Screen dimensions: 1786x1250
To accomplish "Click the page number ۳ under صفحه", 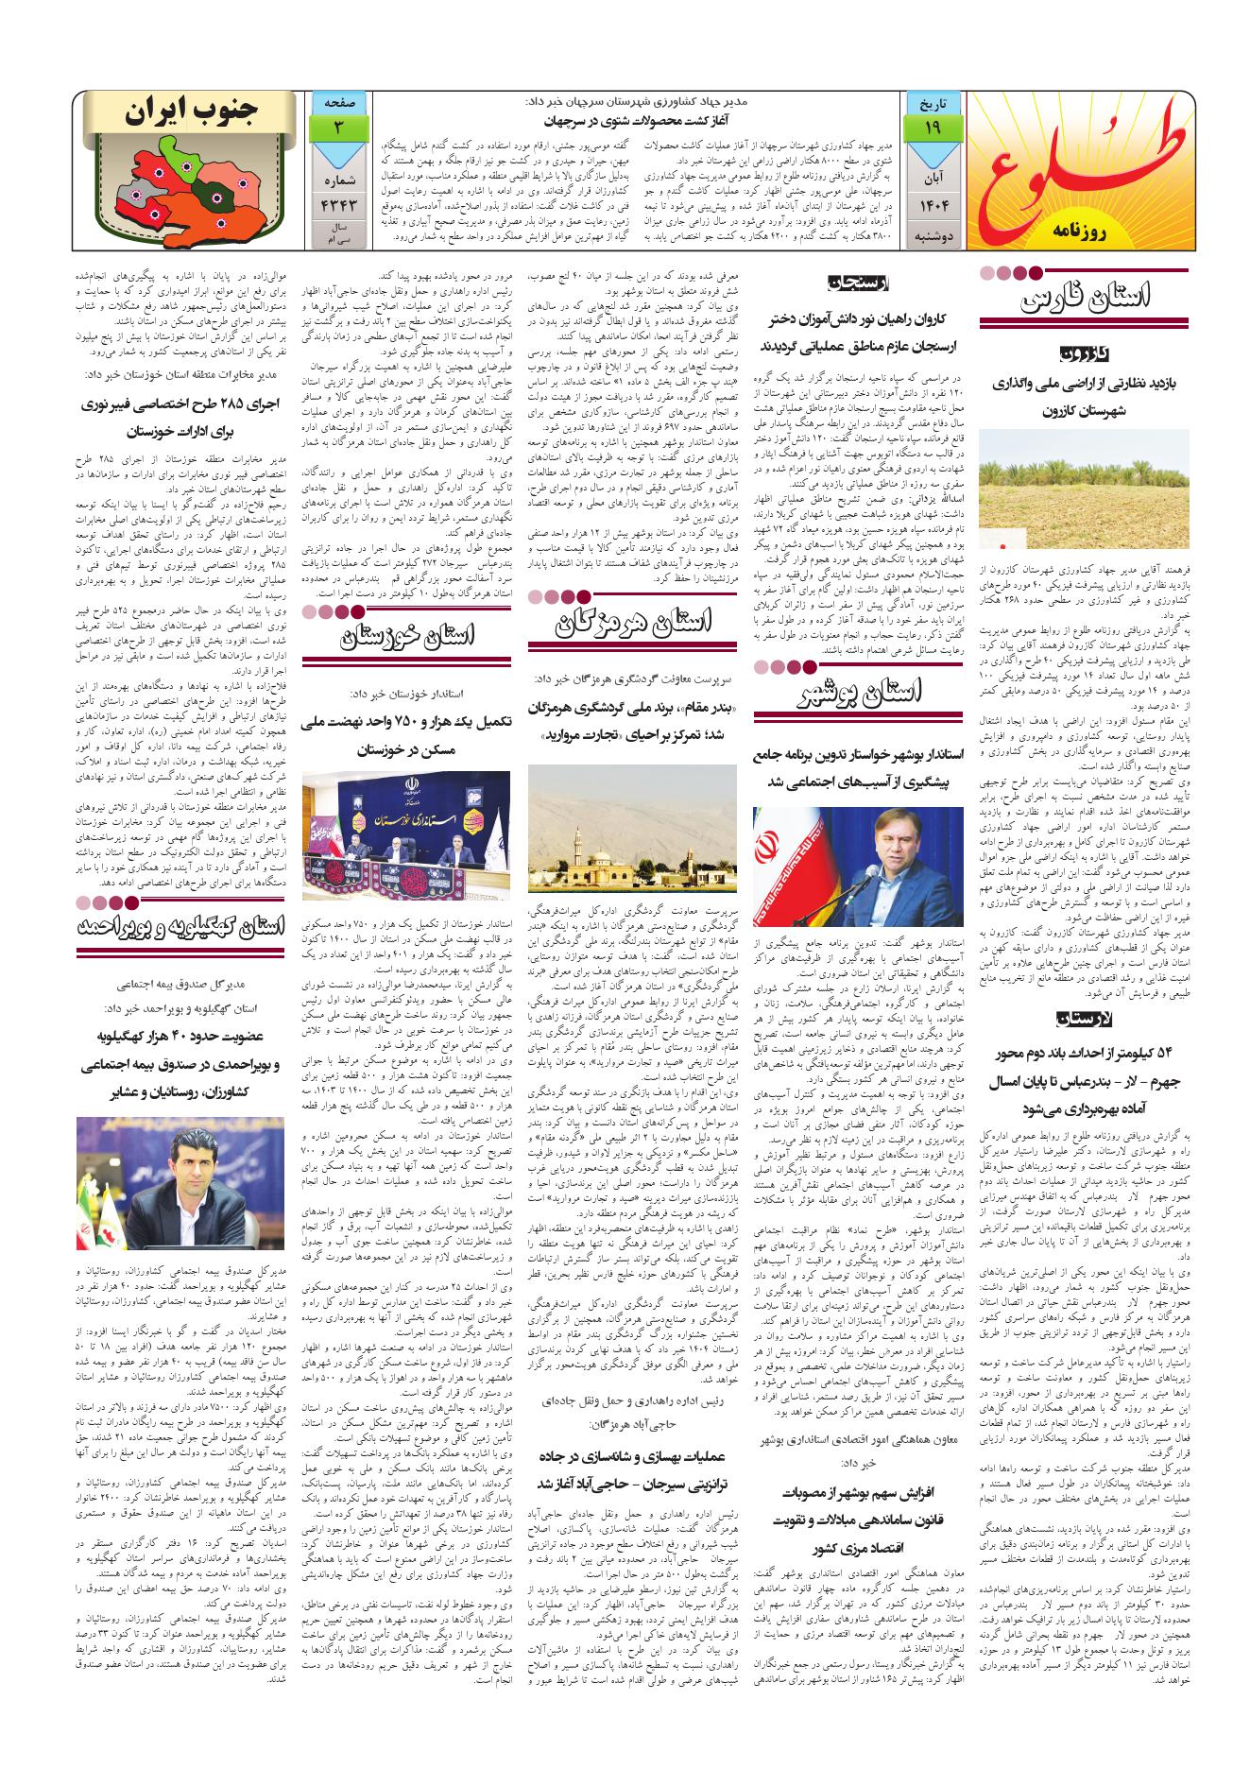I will (337, 128).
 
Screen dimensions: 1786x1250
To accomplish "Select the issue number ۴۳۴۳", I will (337, 202).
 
